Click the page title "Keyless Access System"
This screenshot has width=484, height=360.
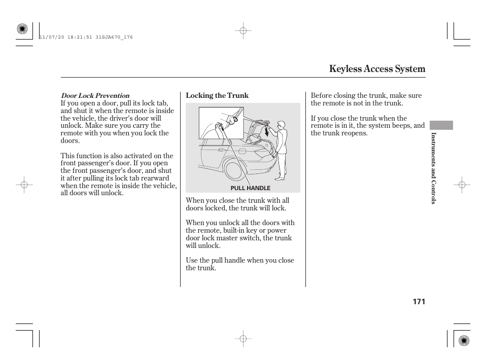tap(377, 69)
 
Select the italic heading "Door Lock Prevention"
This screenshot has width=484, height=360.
tap(95, 95)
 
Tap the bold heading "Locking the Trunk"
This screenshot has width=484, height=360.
tap(217, 95)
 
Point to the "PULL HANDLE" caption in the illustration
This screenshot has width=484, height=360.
tap(251, 188)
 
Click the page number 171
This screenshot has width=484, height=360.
tap(418, 302)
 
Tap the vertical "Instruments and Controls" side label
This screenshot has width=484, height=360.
tap(433, 168)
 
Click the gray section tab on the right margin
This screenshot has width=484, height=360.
tap(441, 125)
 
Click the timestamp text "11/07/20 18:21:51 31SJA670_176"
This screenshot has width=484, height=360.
tap(86, 38)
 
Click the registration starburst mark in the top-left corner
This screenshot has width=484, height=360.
tap(22, 29)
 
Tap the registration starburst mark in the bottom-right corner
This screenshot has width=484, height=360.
tap(462, 340)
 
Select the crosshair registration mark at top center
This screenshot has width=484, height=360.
tap(243, 31)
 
